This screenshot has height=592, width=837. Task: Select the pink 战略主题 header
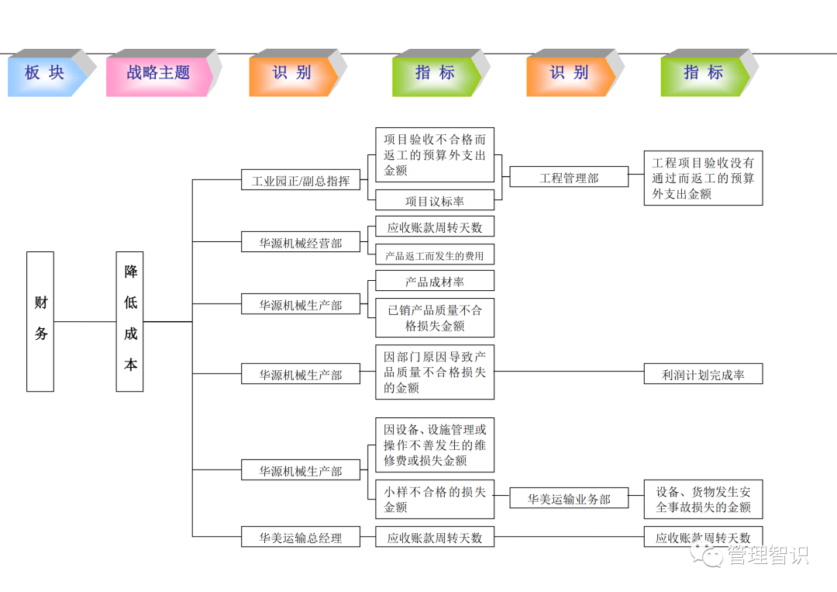158,73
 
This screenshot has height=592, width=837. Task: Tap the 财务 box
40,321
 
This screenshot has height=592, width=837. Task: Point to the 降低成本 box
130,321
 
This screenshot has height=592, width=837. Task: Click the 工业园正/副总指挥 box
301,182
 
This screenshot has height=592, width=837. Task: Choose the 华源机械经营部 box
301,243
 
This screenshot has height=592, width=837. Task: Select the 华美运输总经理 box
301,537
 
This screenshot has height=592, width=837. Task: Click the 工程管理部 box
569,178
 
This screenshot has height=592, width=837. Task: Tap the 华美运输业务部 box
569,499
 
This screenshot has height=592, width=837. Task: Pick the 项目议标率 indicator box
435,201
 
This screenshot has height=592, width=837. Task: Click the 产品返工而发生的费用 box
435,255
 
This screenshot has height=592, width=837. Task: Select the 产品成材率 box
435,282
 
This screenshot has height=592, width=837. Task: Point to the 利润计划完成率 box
703,375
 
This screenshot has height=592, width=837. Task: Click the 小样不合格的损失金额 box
435,499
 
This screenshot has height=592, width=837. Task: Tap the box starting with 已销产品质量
435,318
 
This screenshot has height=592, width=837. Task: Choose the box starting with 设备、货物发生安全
703,499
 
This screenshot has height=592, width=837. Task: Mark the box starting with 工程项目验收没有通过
703,178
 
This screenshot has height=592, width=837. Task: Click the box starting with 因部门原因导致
435,372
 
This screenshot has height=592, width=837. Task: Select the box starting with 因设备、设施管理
435,445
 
